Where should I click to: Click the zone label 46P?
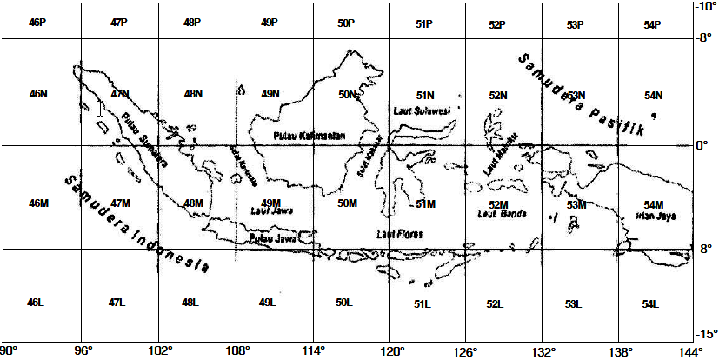tap(37, 24)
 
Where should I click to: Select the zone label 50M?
tap(347, 203)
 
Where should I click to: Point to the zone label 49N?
tap(270, 94)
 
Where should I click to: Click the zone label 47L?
tap(117, 303)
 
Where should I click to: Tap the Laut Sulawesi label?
tap(422, 111)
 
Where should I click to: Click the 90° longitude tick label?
tap(8, 351)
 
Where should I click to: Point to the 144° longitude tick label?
tap(692, 351)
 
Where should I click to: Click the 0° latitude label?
tap(702, 145)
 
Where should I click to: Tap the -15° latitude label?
tap(703, 334)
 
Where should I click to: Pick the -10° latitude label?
tap(703, 6)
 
